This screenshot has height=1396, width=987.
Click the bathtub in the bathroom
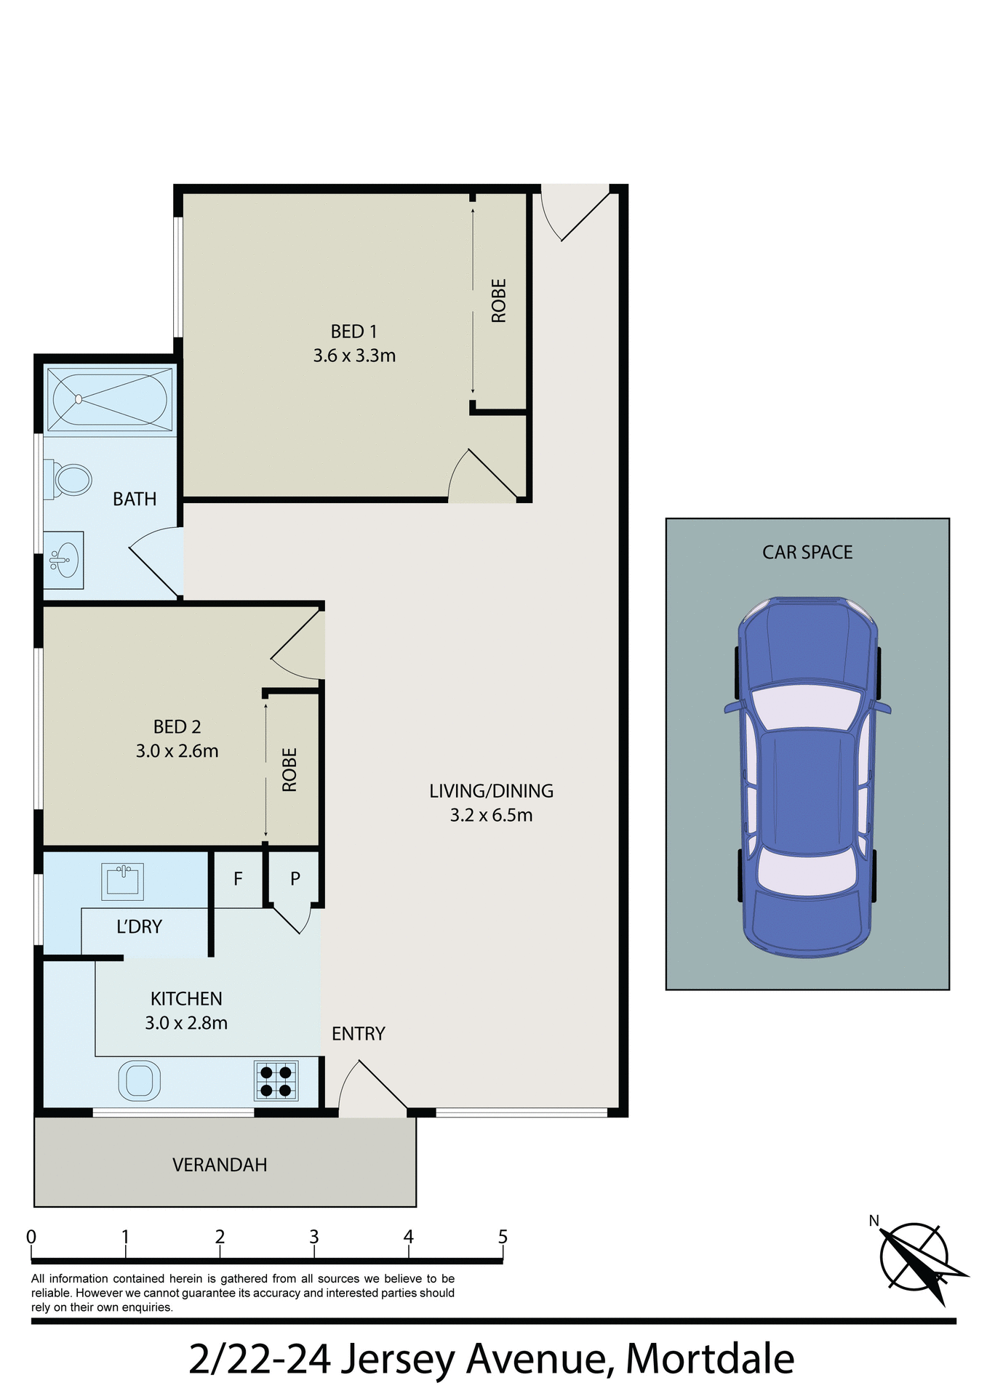(109, 399)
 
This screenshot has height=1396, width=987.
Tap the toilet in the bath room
(70, 481)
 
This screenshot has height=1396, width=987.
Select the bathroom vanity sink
(64, 560)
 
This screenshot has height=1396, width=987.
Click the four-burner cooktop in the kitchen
(276, 1080)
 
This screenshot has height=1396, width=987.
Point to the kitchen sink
(139, 1080)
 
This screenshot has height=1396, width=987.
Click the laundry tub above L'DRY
(122, 880)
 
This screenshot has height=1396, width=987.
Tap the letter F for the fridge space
(238, 879)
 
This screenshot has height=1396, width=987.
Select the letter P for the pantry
(295, 879)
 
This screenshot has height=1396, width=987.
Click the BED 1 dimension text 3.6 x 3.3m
(354, 356)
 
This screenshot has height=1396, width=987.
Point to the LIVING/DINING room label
(491, 791)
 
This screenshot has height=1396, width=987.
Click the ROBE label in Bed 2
(289, 769)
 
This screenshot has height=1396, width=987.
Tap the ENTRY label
(358, 1034)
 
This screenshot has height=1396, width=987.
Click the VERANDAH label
(220, 1165)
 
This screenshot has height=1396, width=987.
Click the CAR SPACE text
(807, 553)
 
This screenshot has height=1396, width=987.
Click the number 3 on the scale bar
(314, 1237)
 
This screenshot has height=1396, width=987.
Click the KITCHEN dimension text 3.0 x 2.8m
(186, 1023)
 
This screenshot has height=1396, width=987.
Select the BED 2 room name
(177, 727)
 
